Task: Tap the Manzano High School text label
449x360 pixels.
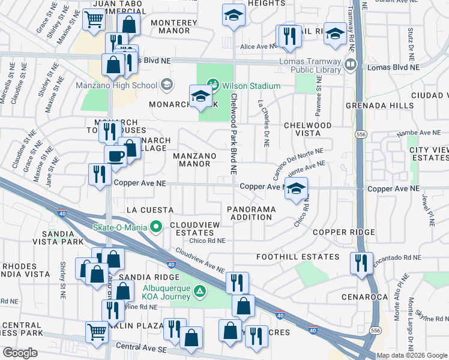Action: pyautogui.click(x=116, y=85)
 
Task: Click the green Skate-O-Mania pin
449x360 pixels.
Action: pyautogui.click(x=157, y=227)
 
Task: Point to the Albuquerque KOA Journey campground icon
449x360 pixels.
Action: pyautogui.click(x=202, y=292)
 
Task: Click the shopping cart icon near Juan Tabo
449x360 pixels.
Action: pyautogui.click(x=94, y=20)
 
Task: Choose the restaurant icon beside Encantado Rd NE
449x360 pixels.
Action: pyautogui.click(x=361, y=263)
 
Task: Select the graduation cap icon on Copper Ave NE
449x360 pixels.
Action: pyautogui.click(x=295, y=188)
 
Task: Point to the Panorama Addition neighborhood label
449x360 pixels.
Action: pyautogui.click(x=251, y=213)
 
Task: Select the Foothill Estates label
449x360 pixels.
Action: pyautogui.click(x=297, y=257)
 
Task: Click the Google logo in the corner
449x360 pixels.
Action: pyautogui.click(x=20, y=352)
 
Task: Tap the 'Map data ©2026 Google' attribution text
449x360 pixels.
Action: pyautogui.click(x=411, y=355)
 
